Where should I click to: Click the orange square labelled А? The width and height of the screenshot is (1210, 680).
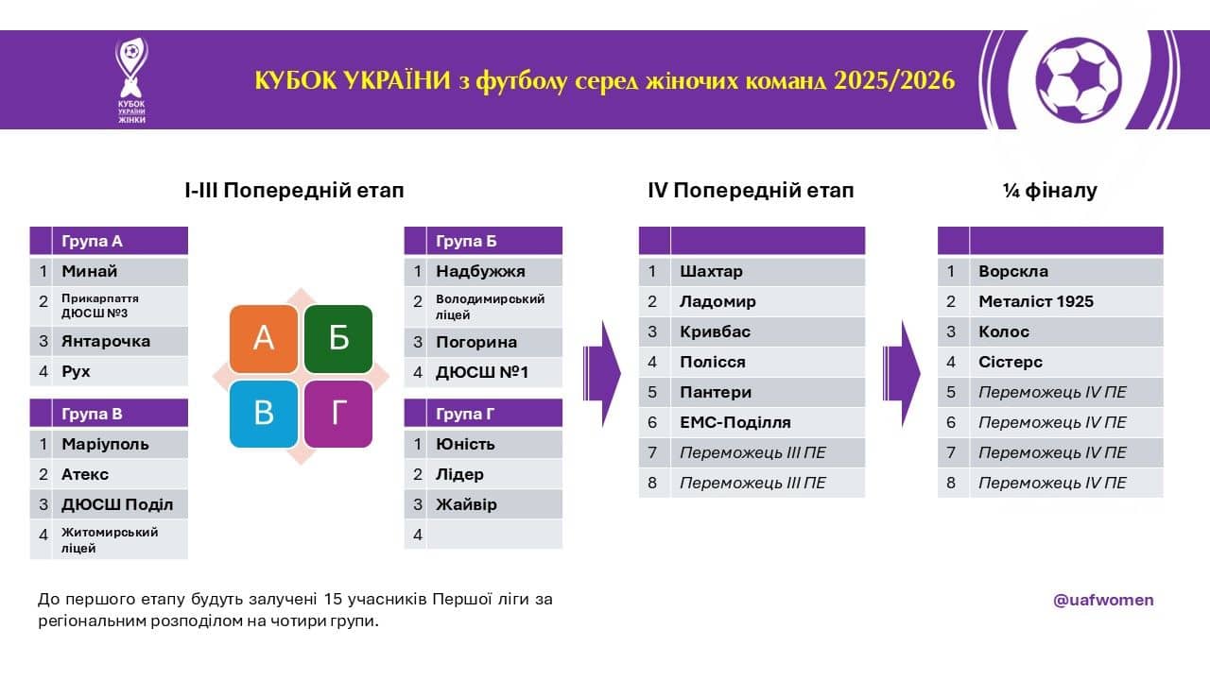264,339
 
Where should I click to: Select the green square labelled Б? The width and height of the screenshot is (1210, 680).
338,339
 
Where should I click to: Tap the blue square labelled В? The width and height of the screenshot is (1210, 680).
264,414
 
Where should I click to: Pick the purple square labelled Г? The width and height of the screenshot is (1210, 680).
338,414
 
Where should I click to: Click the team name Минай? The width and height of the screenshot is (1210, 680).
89,271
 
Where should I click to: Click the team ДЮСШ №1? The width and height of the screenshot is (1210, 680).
482,372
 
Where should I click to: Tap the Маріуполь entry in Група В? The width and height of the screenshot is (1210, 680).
105,444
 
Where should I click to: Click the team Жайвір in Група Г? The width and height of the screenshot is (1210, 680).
466,504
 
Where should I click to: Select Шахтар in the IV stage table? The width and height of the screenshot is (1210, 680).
711,271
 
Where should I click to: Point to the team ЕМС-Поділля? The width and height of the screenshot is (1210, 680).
735,422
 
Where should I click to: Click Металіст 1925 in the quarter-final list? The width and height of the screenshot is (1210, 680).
1035,301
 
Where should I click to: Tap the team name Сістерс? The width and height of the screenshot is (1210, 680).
1011,362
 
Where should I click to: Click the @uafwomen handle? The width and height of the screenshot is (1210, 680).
1103,600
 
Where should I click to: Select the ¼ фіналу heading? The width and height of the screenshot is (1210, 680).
1050,191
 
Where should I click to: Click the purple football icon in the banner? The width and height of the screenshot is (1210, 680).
1079,80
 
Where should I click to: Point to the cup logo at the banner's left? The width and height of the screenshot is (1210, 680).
131,80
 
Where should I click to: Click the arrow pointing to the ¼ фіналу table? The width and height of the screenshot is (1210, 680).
902,373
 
